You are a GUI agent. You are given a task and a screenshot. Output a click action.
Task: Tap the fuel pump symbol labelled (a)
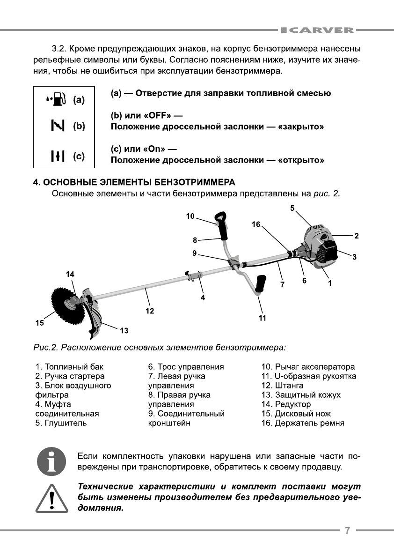[57, 99]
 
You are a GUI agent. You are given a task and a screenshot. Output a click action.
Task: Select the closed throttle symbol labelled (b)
[57, 126]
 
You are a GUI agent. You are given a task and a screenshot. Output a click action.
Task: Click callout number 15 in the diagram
[40, 322]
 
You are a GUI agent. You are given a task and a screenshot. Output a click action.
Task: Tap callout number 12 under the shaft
[150, 310]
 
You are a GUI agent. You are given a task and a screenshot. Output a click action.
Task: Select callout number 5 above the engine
[292, 208]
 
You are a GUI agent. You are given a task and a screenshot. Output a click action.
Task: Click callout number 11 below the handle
[263, 318]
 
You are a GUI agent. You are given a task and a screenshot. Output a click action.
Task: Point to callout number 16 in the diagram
[256, 224]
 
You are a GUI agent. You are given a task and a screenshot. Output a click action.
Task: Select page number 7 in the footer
[347, 530]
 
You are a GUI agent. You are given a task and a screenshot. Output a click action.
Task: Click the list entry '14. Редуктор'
[286, 404]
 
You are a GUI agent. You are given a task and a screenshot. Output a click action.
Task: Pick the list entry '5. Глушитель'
[61, 423]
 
